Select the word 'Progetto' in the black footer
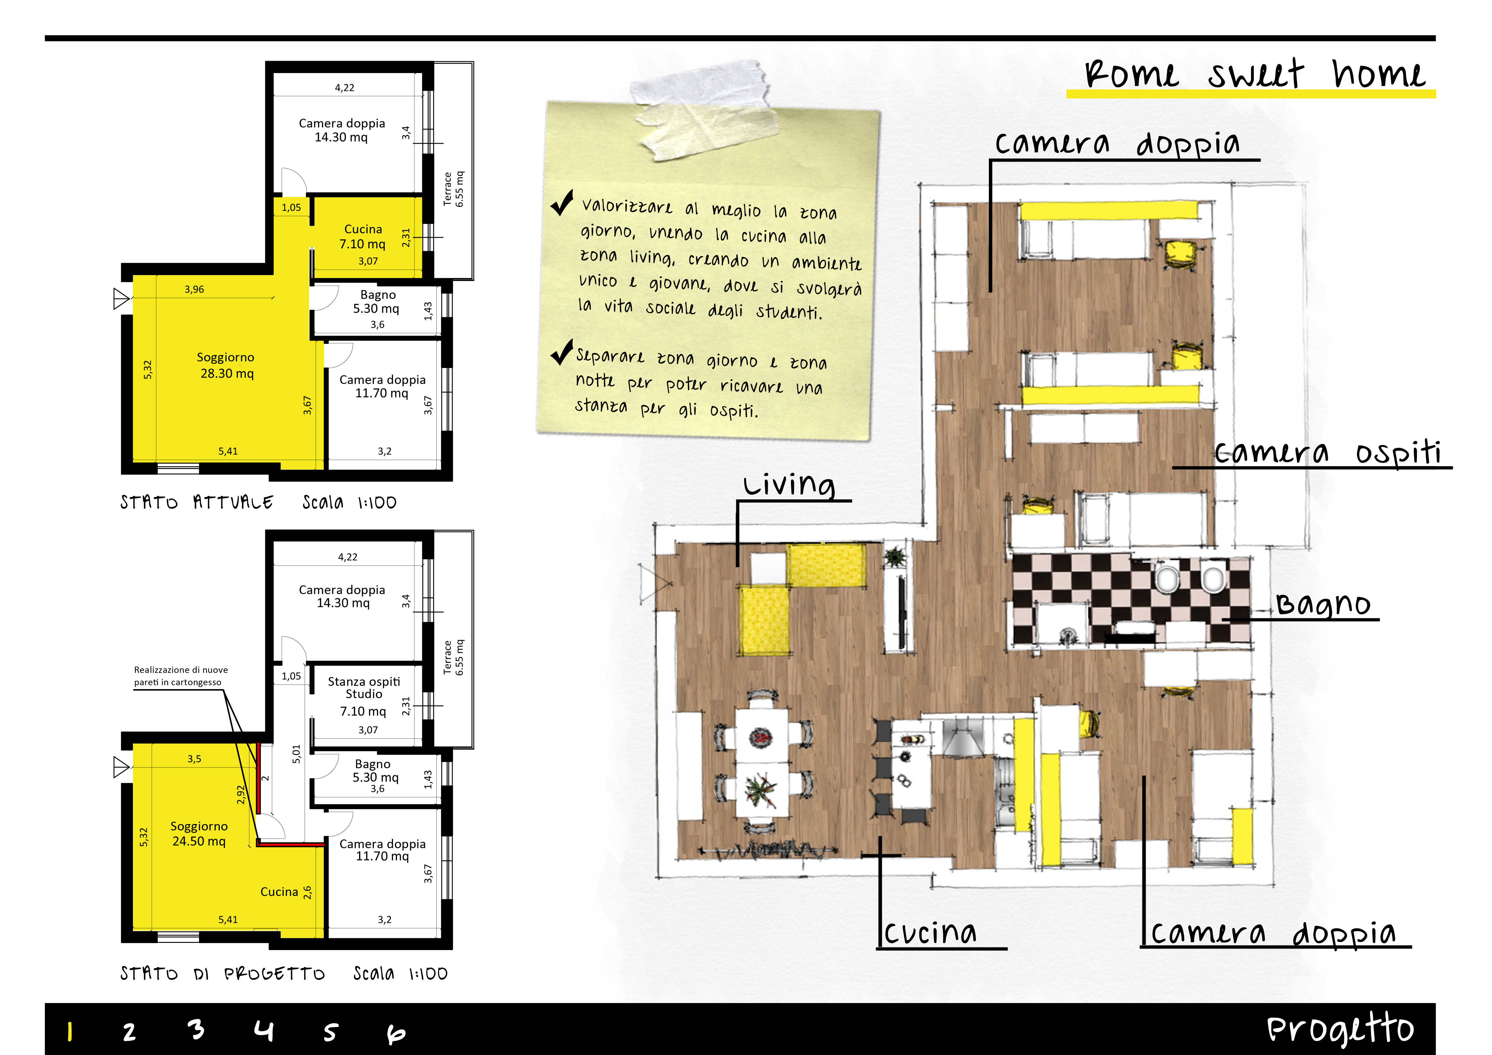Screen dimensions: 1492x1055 [x=1340, y=1029]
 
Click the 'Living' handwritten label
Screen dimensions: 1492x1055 [x=789, y=484]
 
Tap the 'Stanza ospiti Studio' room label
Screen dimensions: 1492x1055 [x=364, y=687]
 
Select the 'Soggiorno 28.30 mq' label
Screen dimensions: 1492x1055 [x=226, y=365]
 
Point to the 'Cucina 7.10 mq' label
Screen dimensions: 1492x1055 [x=363, y=236]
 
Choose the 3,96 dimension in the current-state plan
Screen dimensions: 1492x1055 [x=194, y=289]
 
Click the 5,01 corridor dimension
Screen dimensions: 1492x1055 [x=296, y=753]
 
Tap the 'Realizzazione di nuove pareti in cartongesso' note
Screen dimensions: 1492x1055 [x=181, y=676]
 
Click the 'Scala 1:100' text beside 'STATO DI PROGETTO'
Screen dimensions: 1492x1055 [x=400, y=973]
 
